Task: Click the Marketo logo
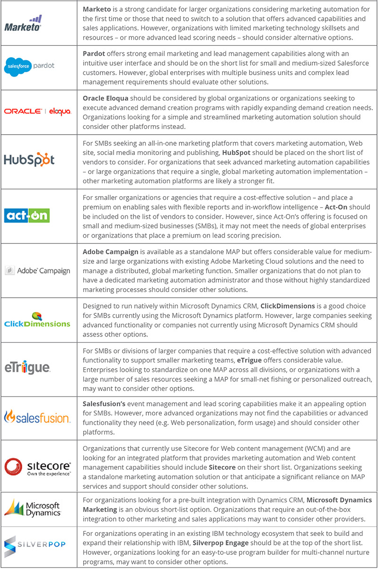click(x=23, y=23)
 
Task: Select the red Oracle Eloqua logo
click(x=37, y=112)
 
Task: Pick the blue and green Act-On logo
click(x=26, y=216)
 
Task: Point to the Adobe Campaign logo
click(x=37, y=271)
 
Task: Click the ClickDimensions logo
click(x=37, y=320)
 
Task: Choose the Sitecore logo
click(x=37, y=465)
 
